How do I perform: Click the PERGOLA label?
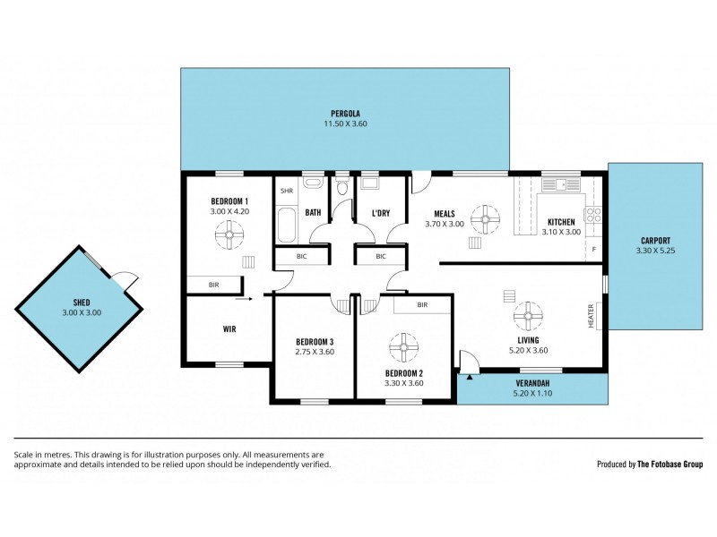coord(344,114)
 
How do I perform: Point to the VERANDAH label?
coord(532,383)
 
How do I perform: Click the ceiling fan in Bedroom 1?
coord(229,237)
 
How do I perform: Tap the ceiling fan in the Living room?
coord(528,316)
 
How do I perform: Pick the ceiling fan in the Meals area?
coord(486,217)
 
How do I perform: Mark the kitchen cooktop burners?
coord(592,214)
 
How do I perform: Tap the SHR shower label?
coord(287,191)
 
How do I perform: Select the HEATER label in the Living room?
coord(591,314)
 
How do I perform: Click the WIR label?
coord(229,328)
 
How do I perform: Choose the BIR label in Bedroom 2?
coord(421,305)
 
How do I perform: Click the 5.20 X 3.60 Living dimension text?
coord(527,350)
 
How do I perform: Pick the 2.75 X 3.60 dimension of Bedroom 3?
coord(315,352)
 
